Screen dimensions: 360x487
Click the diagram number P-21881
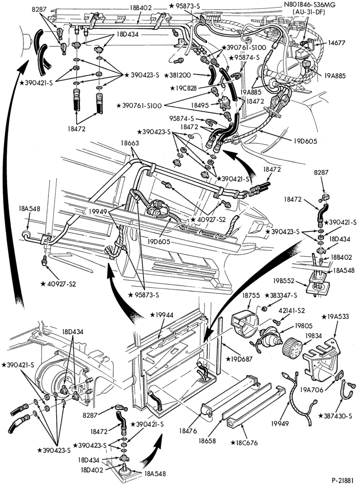(x=342, y=481)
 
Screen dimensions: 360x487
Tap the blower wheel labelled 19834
(x=292, y=348)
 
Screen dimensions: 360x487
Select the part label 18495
(x=200, y=105)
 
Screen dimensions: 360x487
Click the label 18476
(x=188, y=431)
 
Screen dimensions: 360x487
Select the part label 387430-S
(x=336, y=416)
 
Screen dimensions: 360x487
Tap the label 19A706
(x=312, y=390)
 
